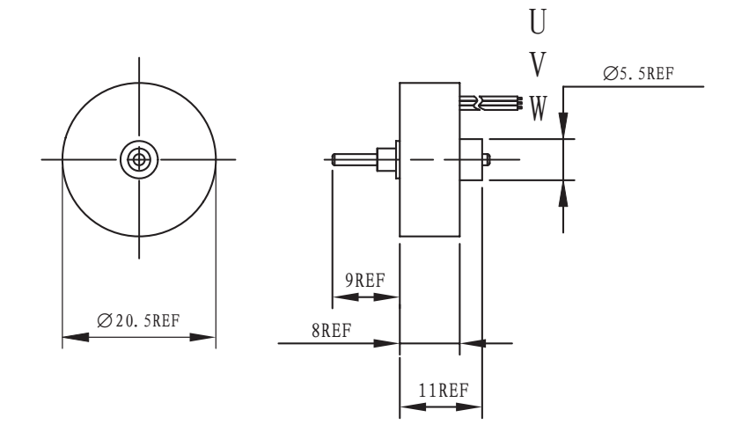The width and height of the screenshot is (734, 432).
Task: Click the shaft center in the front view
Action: (138, 159)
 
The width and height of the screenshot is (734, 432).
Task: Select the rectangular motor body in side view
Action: (429, 159)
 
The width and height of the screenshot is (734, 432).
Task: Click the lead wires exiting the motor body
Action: (493, 104)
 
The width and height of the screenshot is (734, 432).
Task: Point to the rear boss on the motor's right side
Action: (473, 160)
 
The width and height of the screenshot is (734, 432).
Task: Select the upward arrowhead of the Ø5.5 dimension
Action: (564, 193)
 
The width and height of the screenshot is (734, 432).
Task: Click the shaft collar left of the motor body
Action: (385, 160)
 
